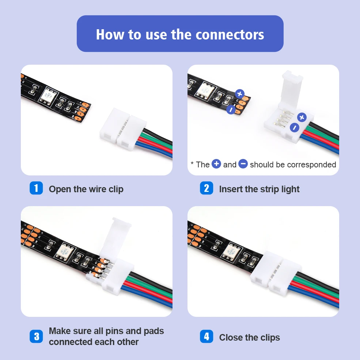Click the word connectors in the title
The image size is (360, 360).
tap(230, 35)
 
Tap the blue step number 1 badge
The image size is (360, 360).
tap(36, 188)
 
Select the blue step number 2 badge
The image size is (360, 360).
tap(206, 188)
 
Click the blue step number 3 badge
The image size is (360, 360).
tap(36, 336)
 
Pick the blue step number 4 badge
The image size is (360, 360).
tap(206, 336)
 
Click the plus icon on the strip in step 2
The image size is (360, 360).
tap(239, 94)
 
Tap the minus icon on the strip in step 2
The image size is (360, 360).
tap(231, 109)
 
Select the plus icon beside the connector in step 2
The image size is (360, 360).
tap(302, 117)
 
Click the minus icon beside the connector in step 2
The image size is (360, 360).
tap(295, 128)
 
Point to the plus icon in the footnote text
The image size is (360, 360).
tap(216, 164)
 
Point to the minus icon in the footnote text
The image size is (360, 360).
tap(243, 164)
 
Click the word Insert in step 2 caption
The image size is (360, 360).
tap(231, 189)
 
